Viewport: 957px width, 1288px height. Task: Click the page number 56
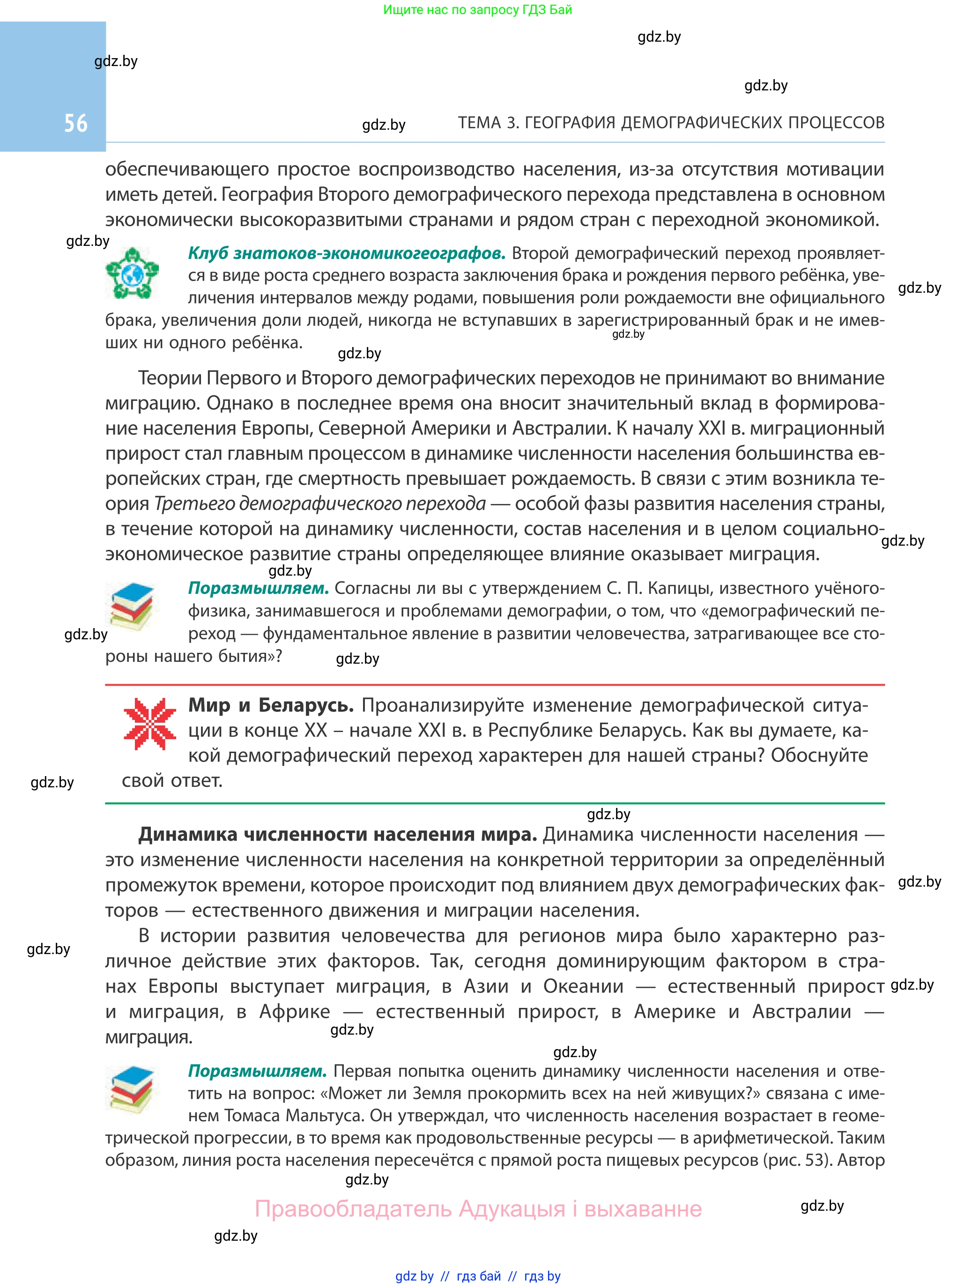click(76, 123)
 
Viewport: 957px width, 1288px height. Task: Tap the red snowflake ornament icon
click(149, 724)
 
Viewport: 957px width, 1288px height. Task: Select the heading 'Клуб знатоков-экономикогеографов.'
click(347, 253)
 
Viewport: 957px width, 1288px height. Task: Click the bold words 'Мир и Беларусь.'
click(271, 705)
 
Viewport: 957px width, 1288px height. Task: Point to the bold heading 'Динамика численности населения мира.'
click(337, 834)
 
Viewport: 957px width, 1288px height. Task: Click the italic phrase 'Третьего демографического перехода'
click(320, 503)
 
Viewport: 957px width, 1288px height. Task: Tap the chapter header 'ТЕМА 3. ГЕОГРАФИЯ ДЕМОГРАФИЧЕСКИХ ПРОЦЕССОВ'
click(671, 123)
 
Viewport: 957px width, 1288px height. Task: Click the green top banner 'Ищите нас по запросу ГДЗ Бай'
click(477, 10)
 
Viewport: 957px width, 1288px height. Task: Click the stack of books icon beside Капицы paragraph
click(132, 607)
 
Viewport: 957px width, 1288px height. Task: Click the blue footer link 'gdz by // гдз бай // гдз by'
click(478, 1276)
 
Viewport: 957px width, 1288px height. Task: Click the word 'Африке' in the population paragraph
click(294, 1011)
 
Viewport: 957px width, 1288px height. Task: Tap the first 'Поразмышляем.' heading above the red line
click(259, 588)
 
